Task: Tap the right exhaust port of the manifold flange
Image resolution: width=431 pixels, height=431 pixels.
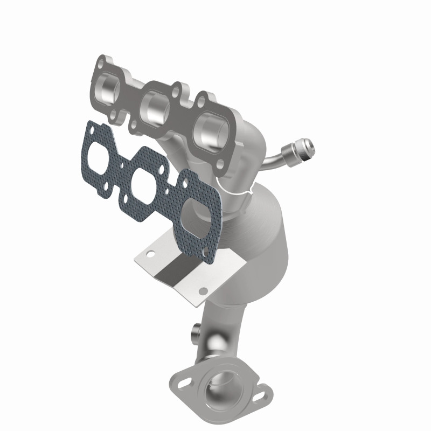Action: tap(207, 129)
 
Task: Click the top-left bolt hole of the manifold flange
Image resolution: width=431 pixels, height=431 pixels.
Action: tap(100, 63)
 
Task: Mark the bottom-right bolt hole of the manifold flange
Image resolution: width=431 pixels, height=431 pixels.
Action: tap(218, 163)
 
